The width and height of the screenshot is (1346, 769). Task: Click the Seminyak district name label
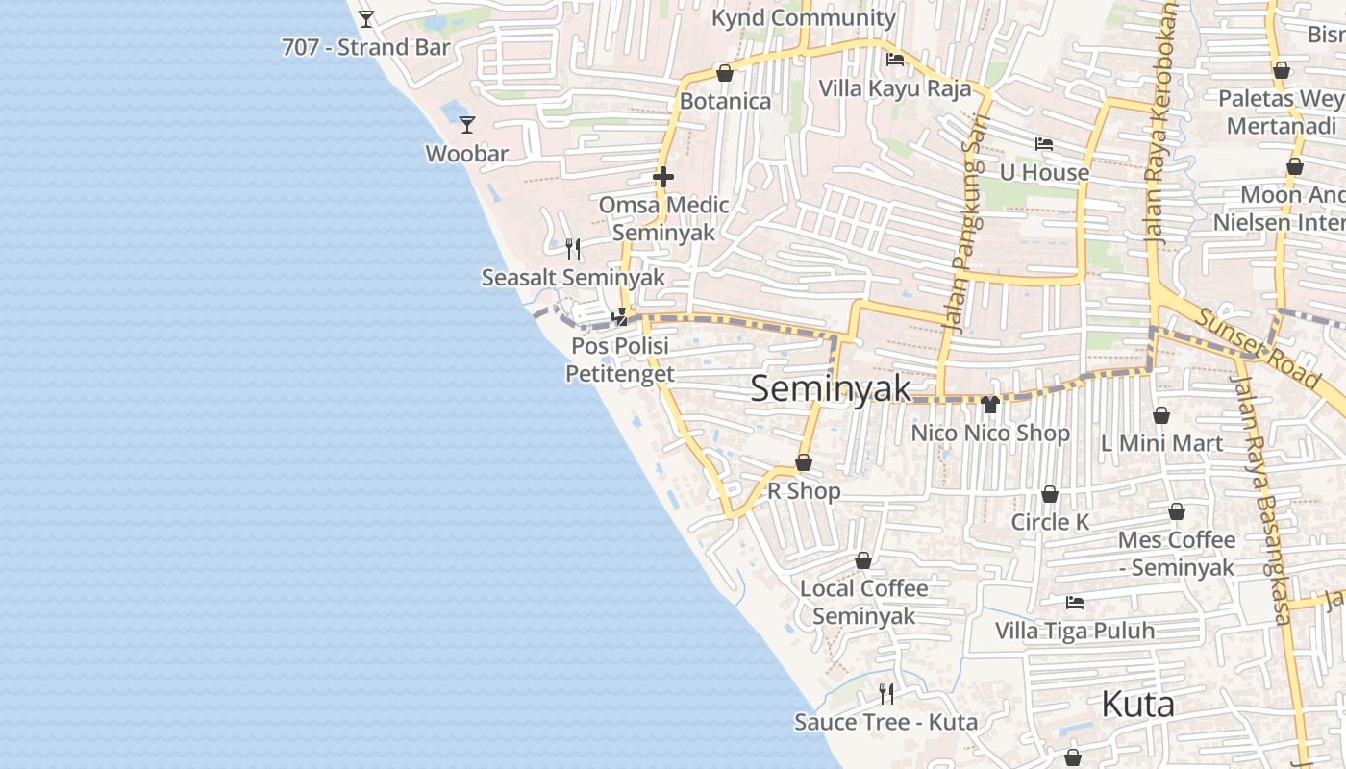tap(831, 388)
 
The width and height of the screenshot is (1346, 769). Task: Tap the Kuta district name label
tap(1137, 705)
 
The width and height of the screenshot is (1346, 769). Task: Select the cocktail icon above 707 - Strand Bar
tap(366, 18)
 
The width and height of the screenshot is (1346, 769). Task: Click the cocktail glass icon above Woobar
tap(467, 124)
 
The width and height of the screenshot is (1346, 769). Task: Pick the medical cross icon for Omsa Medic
tap(663, 177)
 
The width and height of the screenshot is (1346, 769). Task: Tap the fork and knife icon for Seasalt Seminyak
tap(573, 249)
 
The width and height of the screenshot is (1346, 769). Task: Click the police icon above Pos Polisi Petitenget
tap(620, 316)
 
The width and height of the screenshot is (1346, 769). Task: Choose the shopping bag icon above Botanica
tap(725, 73)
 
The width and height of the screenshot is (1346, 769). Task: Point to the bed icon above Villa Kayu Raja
tap(895, 60)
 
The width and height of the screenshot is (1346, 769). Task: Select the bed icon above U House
tap(1044, 144)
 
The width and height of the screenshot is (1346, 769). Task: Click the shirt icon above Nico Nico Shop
tap(990, 404)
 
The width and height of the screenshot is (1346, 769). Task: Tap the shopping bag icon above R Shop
tap(804, 462)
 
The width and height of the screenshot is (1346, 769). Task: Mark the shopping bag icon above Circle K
tap(1050, 494)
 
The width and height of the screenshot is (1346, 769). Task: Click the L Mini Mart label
tap(1161, 443)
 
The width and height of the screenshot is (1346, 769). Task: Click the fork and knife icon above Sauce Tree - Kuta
tap(886, 693)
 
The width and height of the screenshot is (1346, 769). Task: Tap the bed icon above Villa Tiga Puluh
tap(1075, 603)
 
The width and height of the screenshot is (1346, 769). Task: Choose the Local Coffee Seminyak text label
tap(864, 602)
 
